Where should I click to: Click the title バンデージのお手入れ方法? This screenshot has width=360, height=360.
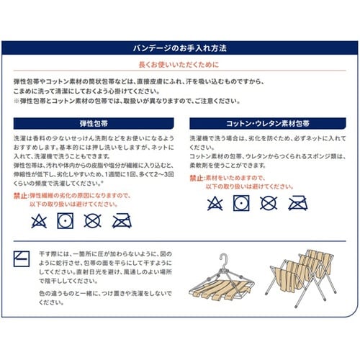click(x=181, y=48)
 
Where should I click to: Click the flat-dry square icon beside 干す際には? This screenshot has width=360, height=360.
click(x=22, y=258)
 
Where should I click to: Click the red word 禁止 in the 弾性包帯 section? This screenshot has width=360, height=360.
click(x=21, y=194)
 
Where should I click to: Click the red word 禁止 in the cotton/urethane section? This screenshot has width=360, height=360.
click(x=197, y=176)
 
